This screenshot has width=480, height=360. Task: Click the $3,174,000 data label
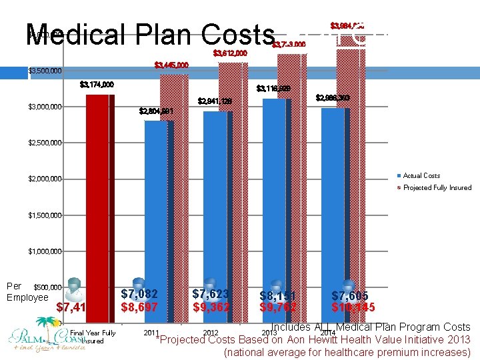coord(97,85)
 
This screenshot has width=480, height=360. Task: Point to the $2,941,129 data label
coord(215,102)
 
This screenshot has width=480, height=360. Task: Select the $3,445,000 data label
coord(171,65)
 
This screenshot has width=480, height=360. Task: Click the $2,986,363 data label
coord(333,98)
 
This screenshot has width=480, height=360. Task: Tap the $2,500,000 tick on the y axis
coord(45,143)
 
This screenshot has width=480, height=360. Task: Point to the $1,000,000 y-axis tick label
coord(45,251)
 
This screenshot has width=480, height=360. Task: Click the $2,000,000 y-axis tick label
coord(45,179)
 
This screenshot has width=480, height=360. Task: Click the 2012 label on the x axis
coord(211,333)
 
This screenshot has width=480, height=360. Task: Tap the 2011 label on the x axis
coord(151,332)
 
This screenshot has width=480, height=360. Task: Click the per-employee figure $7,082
coord(140,294)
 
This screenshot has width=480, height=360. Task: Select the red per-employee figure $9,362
coord(211,307)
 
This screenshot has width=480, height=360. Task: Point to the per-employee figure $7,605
coord(350,295)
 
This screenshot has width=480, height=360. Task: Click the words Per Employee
coord(27,292)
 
